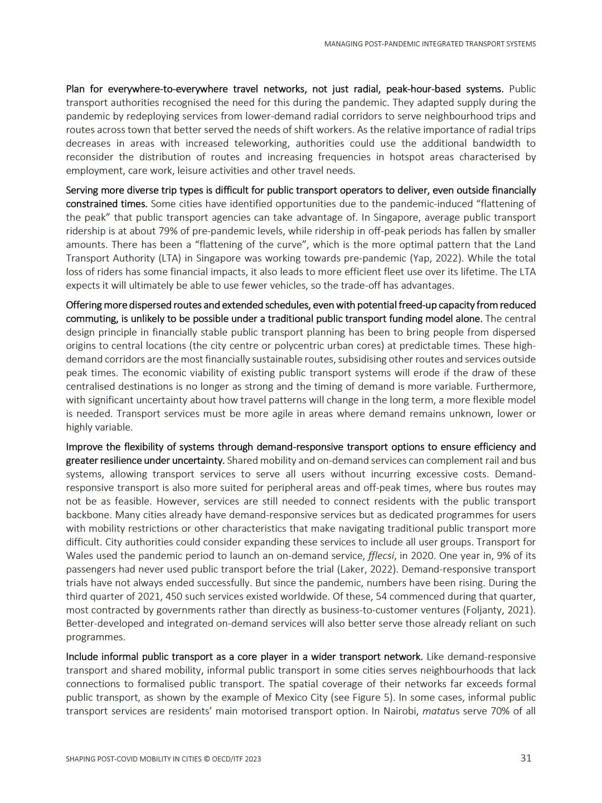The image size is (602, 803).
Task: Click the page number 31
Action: point(526,758)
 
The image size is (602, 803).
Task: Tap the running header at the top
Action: point(430,43)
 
